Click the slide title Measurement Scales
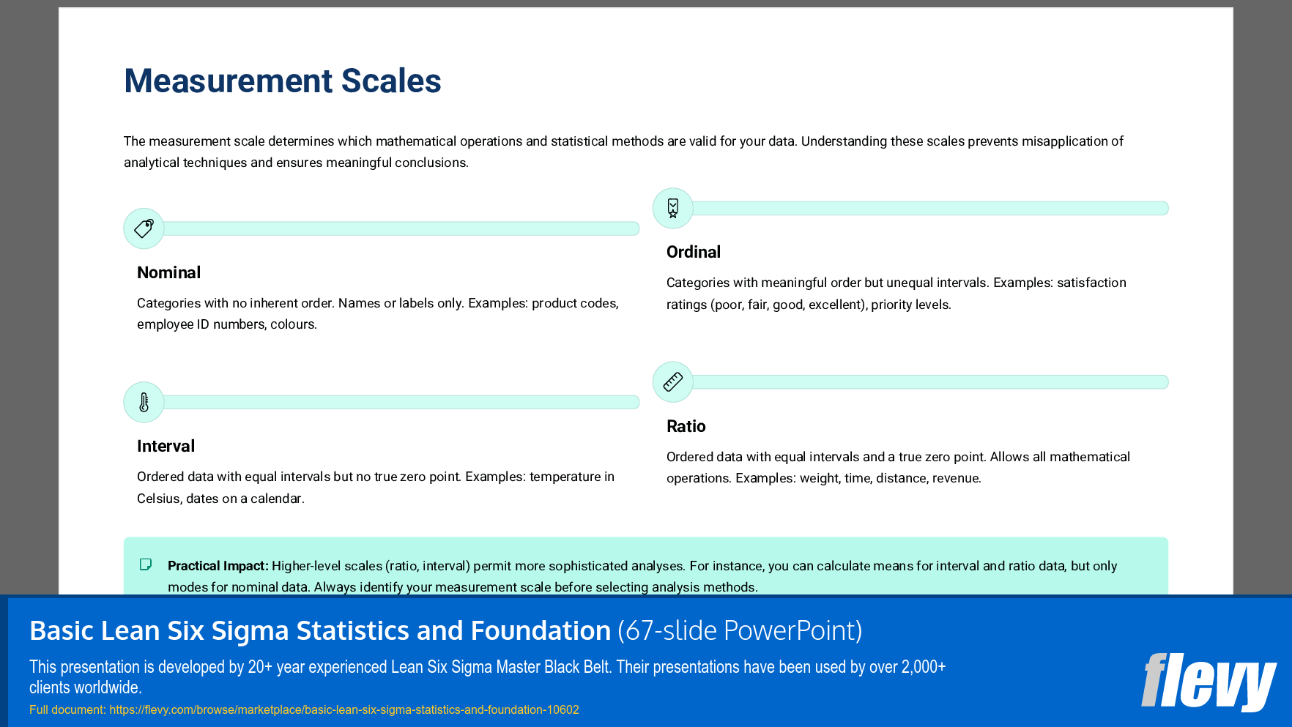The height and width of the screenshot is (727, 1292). click(x=282, y=81)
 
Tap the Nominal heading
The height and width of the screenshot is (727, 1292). click(x=168, y=272)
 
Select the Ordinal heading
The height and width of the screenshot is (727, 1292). click(x=693, y=252)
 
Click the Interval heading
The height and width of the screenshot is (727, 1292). click(x=166, y=446)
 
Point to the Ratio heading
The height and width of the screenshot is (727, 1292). click(x=686, y=426)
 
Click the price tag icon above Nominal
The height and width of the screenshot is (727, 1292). click(x=144, y=228)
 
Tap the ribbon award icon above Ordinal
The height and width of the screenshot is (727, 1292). click(x=672, y=208)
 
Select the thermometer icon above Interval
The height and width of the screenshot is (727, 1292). click(x=144, y=402)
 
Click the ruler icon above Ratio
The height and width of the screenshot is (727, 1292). click(x=672, y=381)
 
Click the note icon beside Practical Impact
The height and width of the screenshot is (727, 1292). click(x=146, y=564)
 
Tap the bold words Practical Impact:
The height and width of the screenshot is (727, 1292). click(x=218, y=566)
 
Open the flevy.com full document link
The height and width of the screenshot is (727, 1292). click(x=344, y=709)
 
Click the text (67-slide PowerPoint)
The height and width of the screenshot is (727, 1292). click(x=740, y=630)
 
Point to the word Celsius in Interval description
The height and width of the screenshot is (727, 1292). click(x=158, y=499)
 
